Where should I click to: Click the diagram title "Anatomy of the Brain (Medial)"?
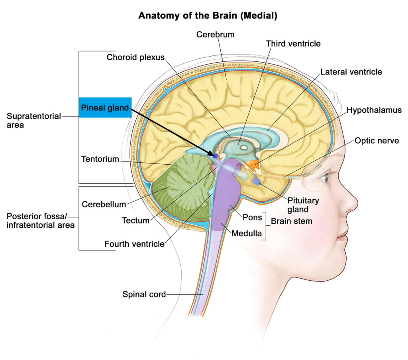point(207,16)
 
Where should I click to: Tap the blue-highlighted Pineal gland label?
point(105,108)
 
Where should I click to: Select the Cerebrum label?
point(215,35)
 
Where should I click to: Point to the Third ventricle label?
point(293,43)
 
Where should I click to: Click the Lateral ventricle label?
point(351,72)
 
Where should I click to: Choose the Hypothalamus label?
point(374,110)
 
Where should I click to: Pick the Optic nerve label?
point(377,141)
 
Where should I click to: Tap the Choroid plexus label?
point(135,57)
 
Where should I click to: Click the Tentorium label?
point(100,159)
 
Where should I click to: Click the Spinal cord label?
point(144,295)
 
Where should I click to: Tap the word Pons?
point(253,217)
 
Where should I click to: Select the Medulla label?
point(247,233)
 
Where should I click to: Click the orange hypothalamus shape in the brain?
point(251,164)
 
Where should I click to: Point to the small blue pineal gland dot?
point(216,155)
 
